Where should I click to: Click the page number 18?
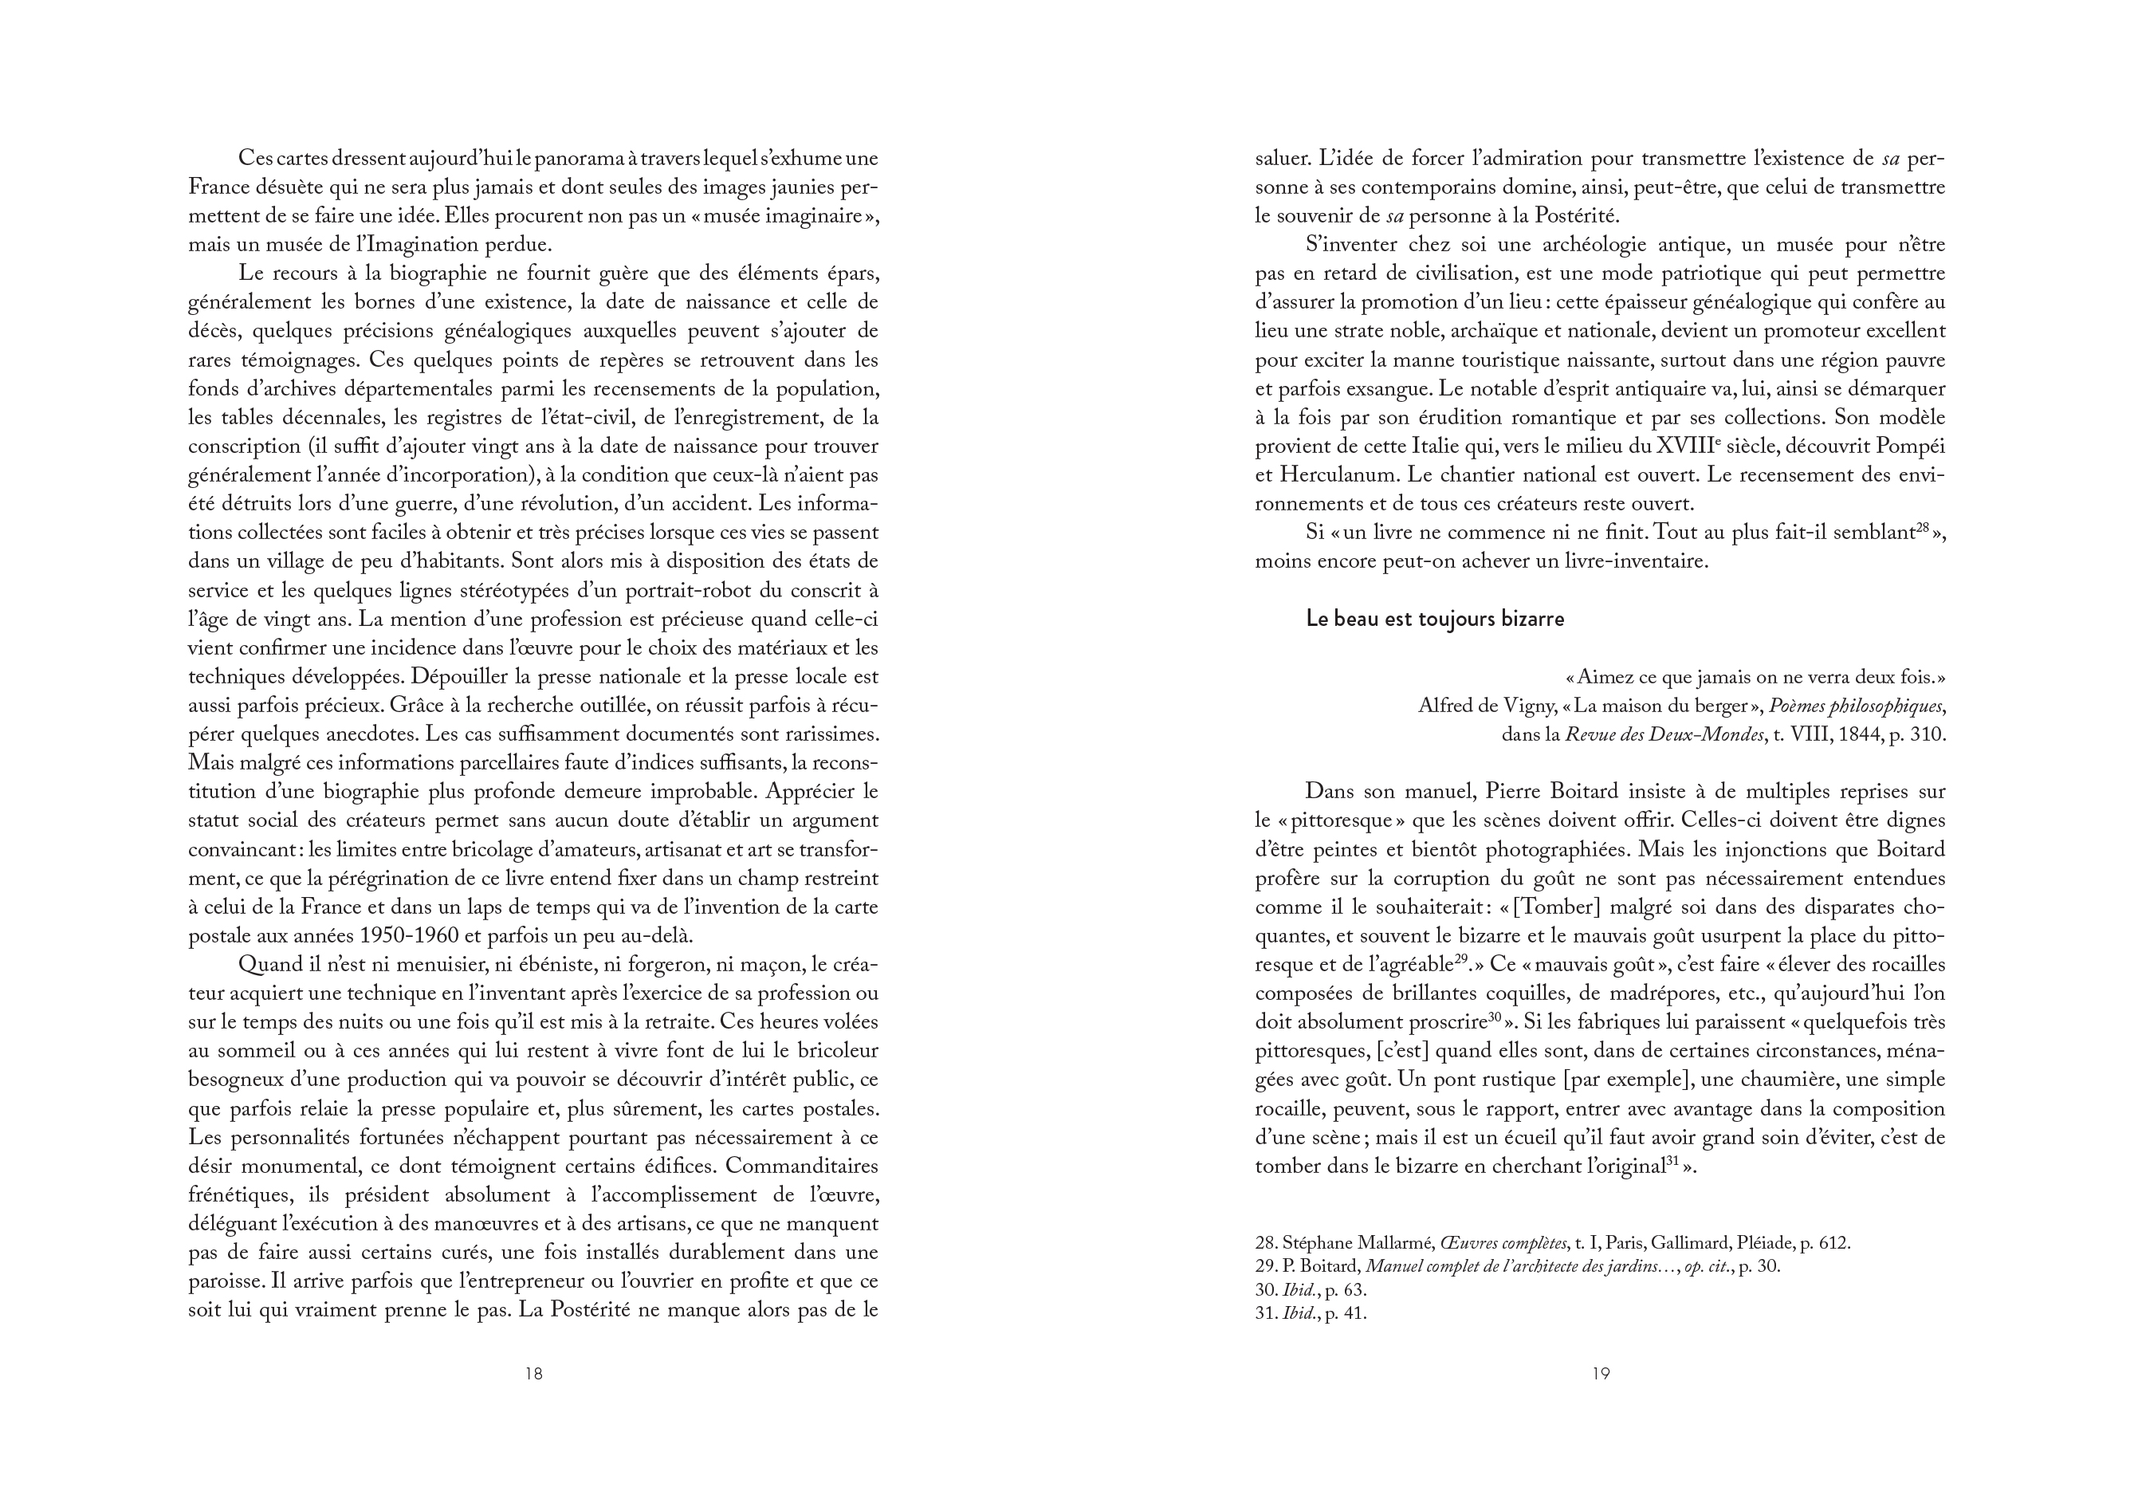pyautogui.click(x=533, y=1373)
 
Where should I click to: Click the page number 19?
pyautogui.click(x=1600, y=1373)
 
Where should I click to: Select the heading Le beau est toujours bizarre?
pyautogui.click(x=1435, y=620)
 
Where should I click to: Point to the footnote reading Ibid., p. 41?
pyautogui.click(x=1311, y=1315)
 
